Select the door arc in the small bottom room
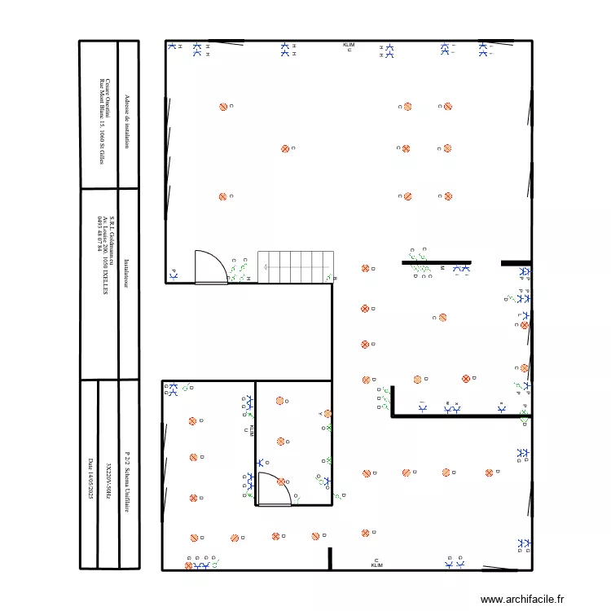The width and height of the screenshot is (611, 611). click(273, 488)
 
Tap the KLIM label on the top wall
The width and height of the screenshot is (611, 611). click(349, 45)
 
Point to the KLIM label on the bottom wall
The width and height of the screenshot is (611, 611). click(376, 565)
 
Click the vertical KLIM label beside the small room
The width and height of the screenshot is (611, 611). click(252, 431)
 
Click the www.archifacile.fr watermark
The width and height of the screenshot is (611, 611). click(522, 599)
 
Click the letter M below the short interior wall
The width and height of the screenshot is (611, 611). click(442, 267)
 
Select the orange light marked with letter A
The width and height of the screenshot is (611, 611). click(327, 414)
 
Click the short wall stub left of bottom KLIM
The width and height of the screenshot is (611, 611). click(330, 558)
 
